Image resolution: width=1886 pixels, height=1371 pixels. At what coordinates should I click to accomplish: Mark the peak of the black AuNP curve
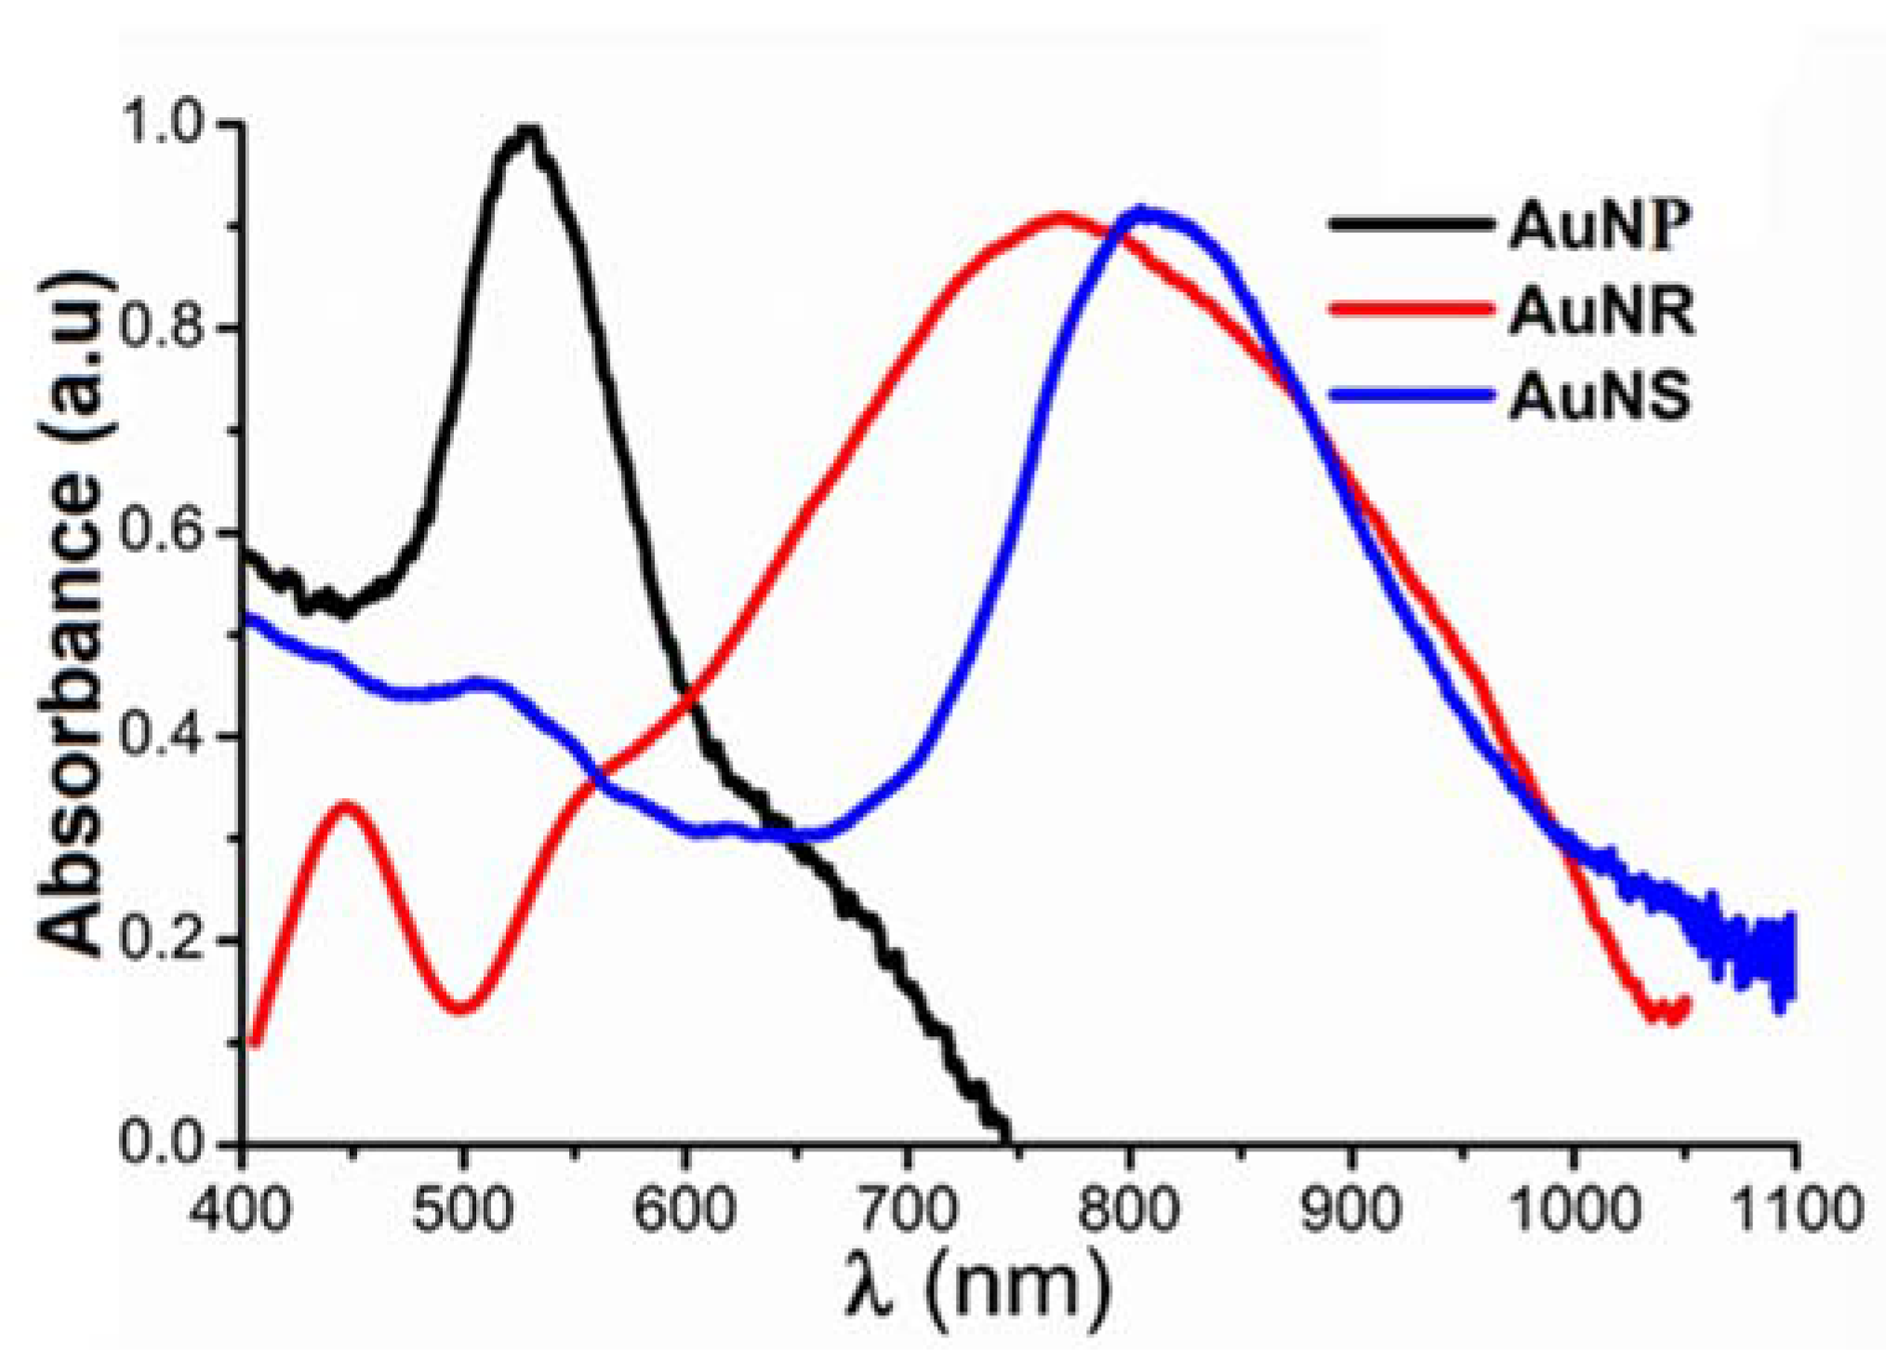(x=528, y=133)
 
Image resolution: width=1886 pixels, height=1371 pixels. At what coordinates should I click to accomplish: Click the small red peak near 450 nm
(x=346, y=805)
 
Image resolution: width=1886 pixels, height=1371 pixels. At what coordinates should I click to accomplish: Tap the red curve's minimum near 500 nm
(x=463, y=1007)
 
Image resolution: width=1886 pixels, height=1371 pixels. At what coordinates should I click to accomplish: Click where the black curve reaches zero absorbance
(x=1005, y=1137)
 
